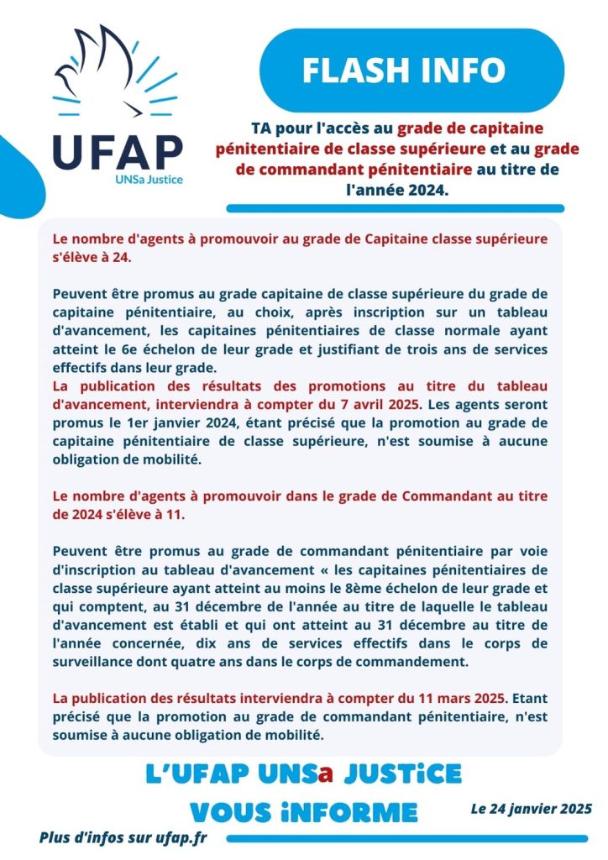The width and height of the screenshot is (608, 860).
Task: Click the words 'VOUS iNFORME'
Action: coord(303,811)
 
